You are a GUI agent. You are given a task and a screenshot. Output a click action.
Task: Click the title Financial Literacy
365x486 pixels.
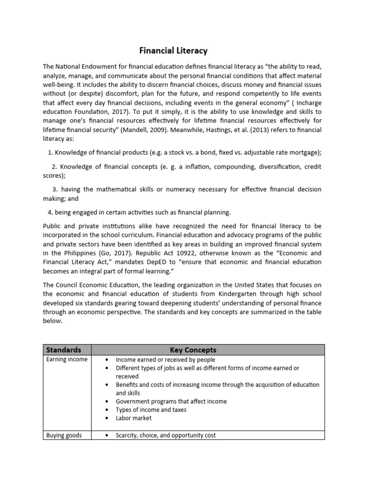pyautogui.click(x=173, y=50)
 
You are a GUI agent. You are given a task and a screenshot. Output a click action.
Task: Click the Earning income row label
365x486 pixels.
pyautogui.click(x=67, y=359)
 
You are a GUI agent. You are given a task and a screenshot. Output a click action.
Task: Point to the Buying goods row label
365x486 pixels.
pyautogui.click(x=64, y=435)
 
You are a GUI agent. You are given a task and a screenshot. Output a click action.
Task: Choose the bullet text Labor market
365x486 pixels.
pyautogui.click(x=134, y=418)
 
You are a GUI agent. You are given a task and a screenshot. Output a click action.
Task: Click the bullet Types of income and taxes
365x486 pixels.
pyautogui.click(x=151, y=410)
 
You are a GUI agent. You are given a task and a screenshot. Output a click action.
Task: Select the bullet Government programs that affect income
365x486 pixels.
pyautogui.click(x=171, y=401)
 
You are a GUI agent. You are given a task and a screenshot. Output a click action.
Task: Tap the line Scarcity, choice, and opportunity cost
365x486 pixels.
pyautogui.click(x=165, y=435)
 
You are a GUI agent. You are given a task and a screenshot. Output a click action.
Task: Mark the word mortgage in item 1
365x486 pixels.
pyautogui.click(x=305, y=152)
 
